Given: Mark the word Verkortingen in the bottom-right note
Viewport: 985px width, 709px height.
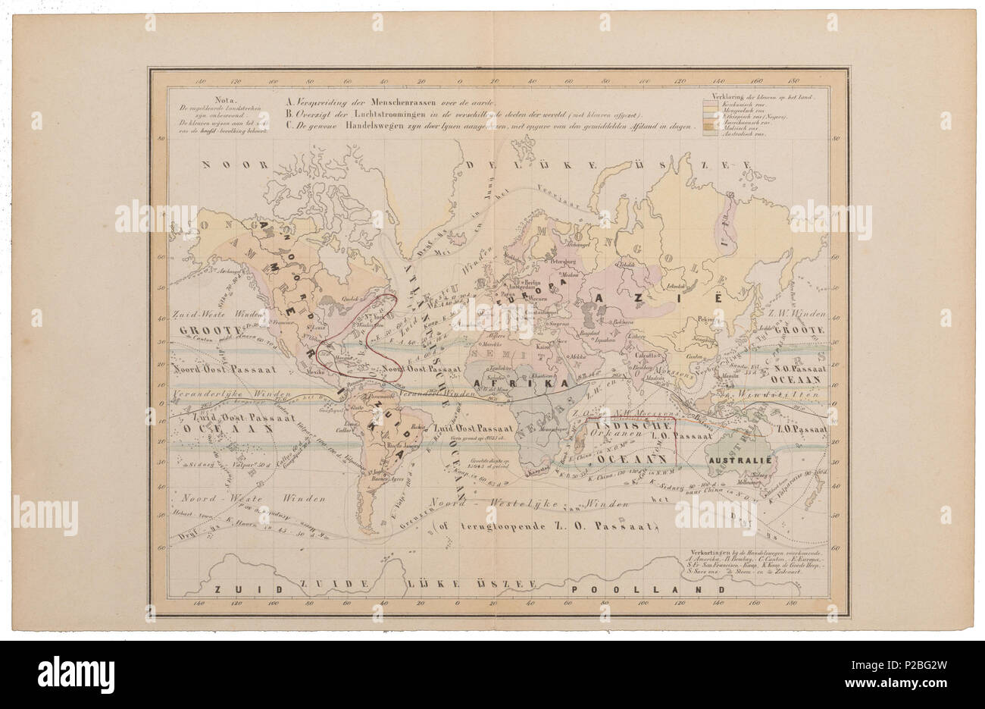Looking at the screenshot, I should (704, 551).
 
